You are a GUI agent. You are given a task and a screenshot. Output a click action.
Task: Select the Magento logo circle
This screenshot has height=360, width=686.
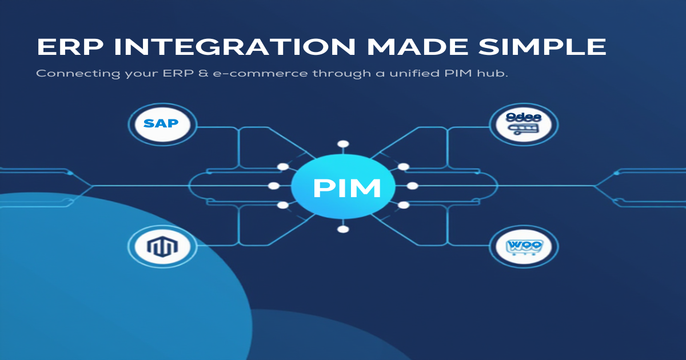coord(162,247)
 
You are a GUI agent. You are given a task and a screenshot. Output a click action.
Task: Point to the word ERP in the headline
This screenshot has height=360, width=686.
coord(69,47)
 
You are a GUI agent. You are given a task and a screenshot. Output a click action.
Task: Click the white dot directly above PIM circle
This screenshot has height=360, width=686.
coord(343,143)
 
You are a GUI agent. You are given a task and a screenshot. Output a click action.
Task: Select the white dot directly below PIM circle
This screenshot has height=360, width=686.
coord(343,229)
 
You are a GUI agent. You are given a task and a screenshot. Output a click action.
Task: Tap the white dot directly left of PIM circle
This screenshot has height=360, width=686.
coord(274,186)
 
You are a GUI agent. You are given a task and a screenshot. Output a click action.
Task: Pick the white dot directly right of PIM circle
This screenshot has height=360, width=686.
coord(412,186)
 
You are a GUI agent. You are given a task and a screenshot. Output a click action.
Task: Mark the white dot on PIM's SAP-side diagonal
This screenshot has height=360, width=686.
coord(282,167)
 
